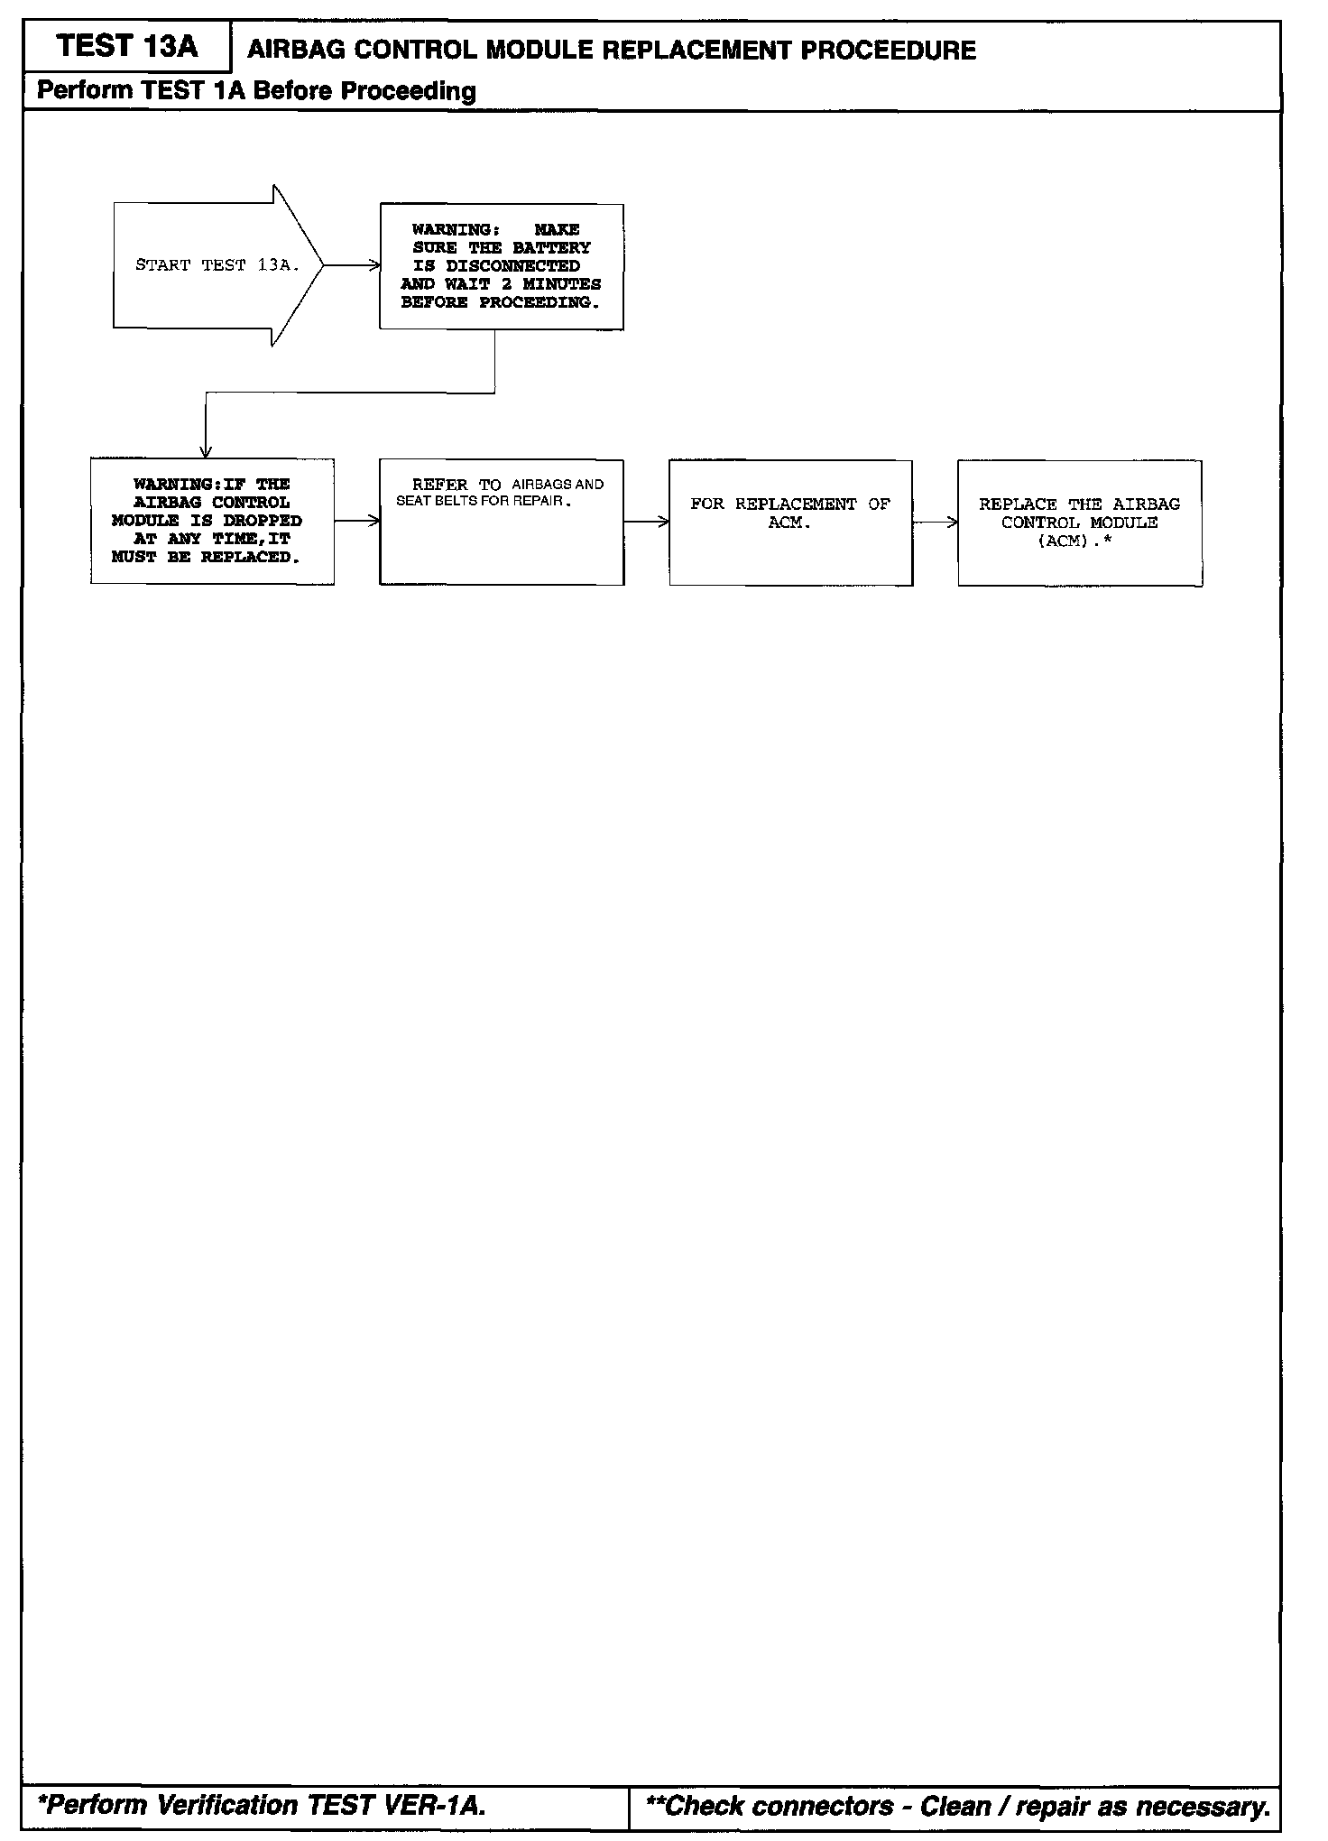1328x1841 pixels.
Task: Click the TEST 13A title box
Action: click(126, 47)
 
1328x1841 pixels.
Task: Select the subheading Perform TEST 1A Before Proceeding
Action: click(256, 91)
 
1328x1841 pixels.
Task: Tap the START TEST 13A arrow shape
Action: click(217, 265)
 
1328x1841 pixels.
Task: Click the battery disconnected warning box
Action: click(501, 266)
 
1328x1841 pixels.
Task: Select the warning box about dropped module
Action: click(212, 522)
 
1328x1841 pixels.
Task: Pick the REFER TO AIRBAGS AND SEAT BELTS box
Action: click(501, 522)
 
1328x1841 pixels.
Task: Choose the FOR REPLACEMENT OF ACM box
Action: click(790, 523)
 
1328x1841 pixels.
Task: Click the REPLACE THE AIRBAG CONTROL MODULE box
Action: click(1080, 523)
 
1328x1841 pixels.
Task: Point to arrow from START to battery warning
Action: click(352, 265)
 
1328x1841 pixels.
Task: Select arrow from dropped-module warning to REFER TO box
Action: click(357, 522)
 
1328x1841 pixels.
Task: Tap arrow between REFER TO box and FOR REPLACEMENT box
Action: click(646, 522)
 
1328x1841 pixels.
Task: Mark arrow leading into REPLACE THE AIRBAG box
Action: click(936, 522)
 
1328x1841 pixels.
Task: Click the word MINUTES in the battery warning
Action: click(562, 284)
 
